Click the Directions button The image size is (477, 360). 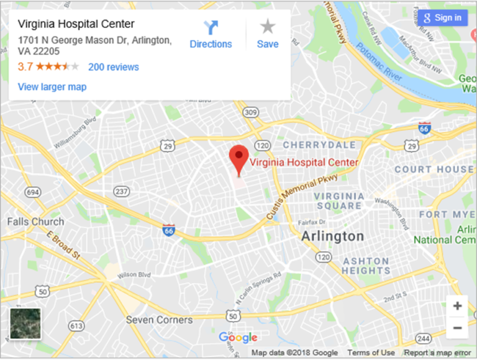tap(211, 35)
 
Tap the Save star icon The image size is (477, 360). tap(268, 34)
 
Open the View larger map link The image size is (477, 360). tap(52, 87)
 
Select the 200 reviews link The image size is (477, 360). tap(114, 67)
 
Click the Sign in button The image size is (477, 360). tap(442, 17)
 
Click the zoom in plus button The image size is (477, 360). tap(457, 306)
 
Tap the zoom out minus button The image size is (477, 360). tap(457, 328)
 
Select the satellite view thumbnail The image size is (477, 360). tap(25, 323)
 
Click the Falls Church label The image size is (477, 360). tap(35, 222)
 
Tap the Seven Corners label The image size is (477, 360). tap(159, 320)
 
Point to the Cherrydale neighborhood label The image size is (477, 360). tap(319, 145)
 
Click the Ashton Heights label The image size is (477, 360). tap(366, 266)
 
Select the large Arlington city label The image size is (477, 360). tap(332, 236)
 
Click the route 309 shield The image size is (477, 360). tap(251, 112)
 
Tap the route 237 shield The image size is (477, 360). tap(122, 191)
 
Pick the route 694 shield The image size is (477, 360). tap(33, 193)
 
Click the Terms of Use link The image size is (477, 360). tap(371, 353)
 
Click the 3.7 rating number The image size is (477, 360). tap(25, 67)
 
